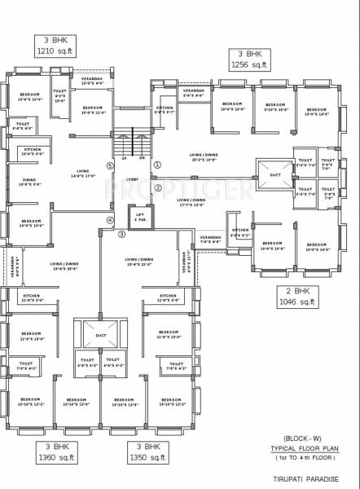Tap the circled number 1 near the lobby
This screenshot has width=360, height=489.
[157, 164]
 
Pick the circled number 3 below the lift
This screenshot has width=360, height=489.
[122, 235]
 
